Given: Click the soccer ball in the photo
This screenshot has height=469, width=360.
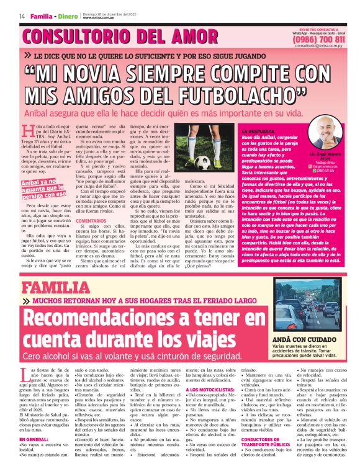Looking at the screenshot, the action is click(203, 162).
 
